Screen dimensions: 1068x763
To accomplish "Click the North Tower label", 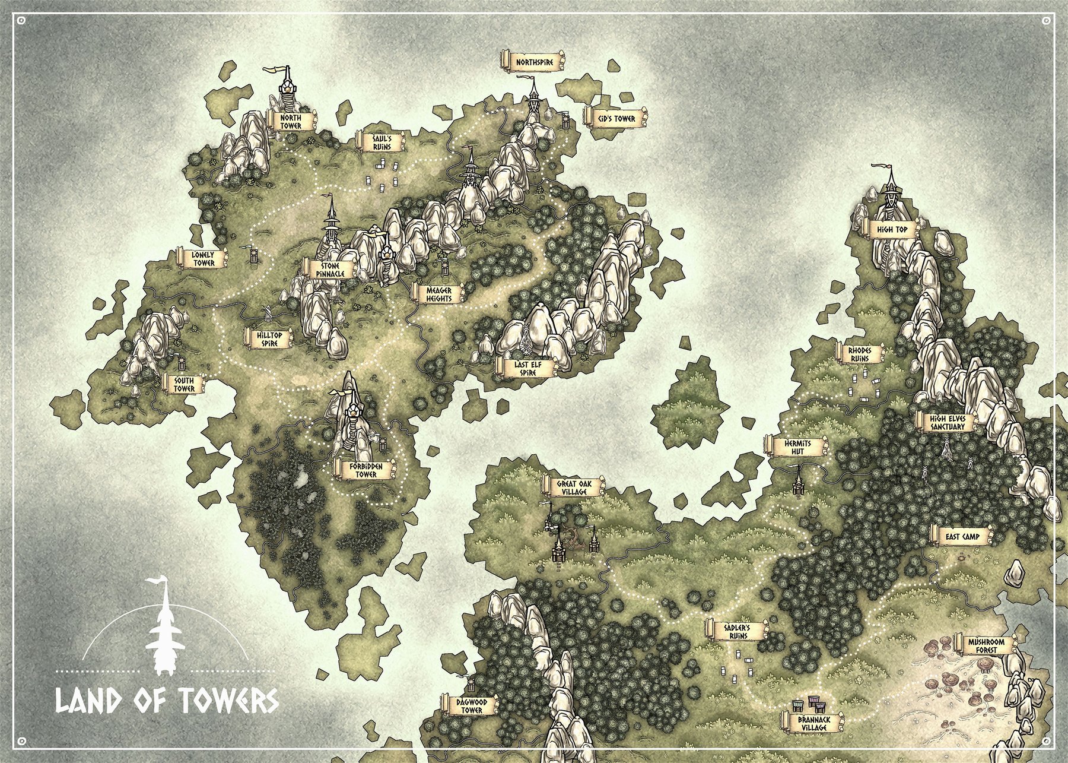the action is tap(291, 122).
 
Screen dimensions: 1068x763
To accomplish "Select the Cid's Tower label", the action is tap(616, 119).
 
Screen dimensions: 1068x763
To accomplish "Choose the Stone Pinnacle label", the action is tap(330, 269).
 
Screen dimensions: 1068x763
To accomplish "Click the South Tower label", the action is tap(184, 384).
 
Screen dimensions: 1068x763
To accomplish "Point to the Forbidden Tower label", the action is tap(366, 470).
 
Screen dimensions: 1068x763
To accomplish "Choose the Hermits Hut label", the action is tap(797, 447).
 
